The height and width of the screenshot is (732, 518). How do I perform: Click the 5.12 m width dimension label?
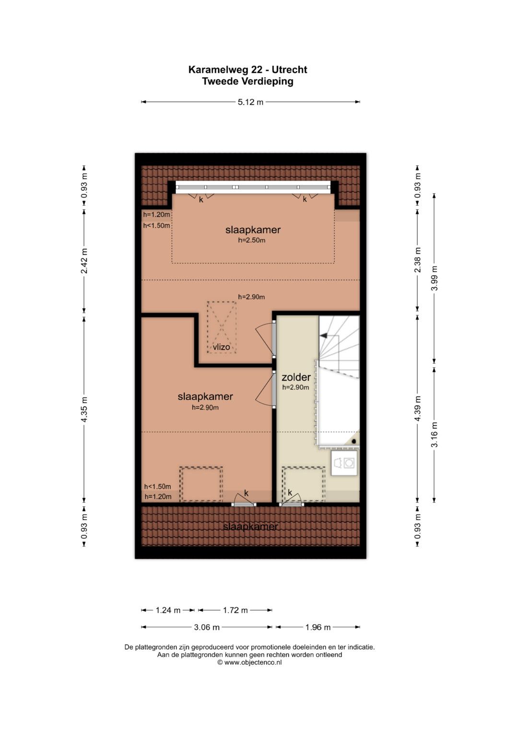point(250,102)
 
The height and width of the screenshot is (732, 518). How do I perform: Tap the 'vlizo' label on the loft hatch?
point(222,347)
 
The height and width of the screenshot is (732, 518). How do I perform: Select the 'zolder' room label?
point(296,377)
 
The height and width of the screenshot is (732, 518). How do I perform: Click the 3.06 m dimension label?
point(206,627)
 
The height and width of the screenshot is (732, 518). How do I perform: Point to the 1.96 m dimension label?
point(318,627)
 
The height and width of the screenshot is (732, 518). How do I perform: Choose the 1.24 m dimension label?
point(168,610)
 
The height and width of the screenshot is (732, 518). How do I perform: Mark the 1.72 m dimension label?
point(235,610)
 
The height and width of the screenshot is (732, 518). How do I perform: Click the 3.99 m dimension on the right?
point(434,278)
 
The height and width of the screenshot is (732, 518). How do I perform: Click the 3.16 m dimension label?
point(434,435)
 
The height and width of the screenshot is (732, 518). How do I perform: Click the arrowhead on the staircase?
point(324,336)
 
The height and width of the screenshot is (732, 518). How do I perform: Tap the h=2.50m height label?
point(251,240)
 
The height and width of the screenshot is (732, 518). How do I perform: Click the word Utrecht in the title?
point(289,70)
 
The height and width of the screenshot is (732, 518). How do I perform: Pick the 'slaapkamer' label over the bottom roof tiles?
point(250,526)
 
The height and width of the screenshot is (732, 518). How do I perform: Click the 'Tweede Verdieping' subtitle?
point(247,81)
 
